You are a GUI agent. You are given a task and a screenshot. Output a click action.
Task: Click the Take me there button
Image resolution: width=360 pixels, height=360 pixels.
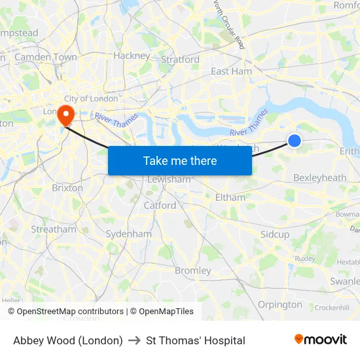180,161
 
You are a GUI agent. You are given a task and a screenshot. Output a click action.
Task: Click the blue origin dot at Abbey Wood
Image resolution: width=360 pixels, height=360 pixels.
295,140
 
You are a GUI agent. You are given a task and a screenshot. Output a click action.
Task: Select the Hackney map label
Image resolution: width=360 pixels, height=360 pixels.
132,56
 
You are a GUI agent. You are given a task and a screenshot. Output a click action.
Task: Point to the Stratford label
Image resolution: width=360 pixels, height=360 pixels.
180,60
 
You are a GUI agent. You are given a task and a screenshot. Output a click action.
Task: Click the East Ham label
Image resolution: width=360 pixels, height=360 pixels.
231,71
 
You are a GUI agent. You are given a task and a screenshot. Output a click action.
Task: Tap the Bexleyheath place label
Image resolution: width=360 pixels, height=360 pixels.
319,177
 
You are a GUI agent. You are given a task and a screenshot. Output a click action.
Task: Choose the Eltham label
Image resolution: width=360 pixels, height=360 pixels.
230,197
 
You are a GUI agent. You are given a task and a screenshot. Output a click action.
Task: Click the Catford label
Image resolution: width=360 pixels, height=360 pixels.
160,205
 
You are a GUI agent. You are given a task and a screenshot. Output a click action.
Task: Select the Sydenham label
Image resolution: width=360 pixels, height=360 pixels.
128,234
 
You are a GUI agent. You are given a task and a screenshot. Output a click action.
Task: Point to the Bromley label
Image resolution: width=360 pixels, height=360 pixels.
193,270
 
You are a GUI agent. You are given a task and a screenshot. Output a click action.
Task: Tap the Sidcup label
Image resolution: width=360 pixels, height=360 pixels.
275,234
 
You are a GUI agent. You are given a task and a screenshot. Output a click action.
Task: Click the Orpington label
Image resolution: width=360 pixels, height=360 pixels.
280,304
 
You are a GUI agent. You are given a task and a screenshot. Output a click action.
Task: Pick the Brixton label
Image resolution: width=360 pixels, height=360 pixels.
67,188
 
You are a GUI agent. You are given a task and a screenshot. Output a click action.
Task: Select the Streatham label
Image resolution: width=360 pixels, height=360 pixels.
54,230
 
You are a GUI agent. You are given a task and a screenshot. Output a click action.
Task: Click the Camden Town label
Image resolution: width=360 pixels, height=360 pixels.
46,58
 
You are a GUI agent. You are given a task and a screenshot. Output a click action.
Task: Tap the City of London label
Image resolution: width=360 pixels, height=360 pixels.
91,99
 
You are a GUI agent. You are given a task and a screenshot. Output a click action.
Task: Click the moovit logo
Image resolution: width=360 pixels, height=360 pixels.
321,340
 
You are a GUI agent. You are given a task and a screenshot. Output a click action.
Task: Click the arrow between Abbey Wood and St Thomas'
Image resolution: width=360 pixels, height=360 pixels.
134,340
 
